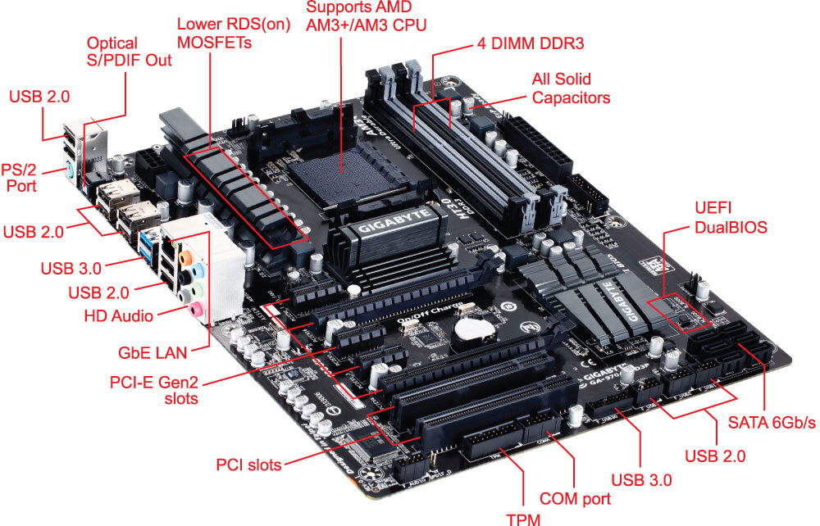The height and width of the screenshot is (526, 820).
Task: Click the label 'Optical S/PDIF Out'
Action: coord(129,52)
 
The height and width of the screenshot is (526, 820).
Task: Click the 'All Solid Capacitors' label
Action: coord(572,88)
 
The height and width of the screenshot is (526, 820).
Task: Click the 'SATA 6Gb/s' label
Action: coord(772,423)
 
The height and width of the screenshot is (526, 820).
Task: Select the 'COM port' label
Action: coord(575,498)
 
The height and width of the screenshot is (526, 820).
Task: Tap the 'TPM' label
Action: coord(523,517)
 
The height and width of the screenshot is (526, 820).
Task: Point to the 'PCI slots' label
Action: coord(248,465)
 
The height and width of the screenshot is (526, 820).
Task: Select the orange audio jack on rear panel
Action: coord(188,255)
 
